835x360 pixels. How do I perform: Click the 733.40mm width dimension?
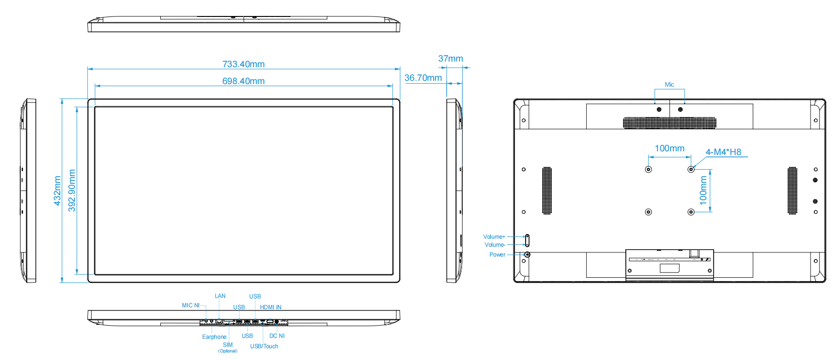point(243,64)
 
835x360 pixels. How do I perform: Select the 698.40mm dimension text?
point(243,81)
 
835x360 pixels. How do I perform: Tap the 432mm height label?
point(57,190)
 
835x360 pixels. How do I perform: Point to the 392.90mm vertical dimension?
point(72,190)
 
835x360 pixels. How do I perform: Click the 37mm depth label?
point(450,58)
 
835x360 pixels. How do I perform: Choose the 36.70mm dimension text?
point(423,78)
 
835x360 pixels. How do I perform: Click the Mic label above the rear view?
point(669,85)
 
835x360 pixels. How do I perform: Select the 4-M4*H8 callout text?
point(723,152)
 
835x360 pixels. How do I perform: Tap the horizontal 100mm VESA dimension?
point(670,149)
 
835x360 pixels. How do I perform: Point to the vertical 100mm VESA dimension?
point(703,190)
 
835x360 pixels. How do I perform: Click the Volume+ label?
point(494,237)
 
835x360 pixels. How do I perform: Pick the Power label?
point(497,255)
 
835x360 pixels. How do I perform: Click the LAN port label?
point(220,296)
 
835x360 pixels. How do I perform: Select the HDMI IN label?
point(271,307)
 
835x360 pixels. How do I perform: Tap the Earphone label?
point(214,337)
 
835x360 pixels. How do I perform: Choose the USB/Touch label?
point(264,346)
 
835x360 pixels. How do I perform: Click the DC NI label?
point(277,336)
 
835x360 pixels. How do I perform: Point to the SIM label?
point(228,345)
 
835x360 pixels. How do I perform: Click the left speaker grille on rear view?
point(547,190)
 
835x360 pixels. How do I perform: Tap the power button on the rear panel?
point(527,254)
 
